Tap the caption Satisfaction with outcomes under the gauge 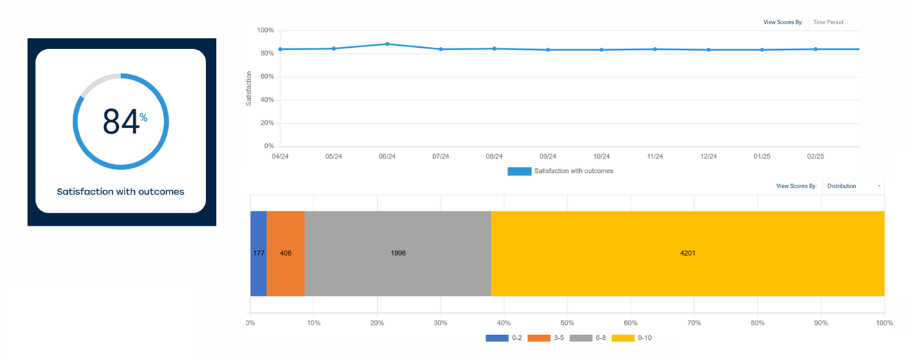120,192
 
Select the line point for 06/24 387,44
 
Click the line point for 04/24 280,49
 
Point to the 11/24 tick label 655,156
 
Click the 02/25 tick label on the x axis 816,156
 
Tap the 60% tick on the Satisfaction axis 266,77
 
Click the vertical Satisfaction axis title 248,89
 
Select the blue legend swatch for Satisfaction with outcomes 519,171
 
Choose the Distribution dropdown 852,186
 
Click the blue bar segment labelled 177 259,253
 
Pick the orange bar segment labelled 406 286,253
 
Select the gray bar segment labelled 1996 398,253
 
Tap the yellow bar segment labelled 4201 688,253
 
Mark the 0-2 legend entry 503,338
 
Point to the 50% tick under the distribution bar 567,323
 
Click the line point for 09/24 548,50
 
